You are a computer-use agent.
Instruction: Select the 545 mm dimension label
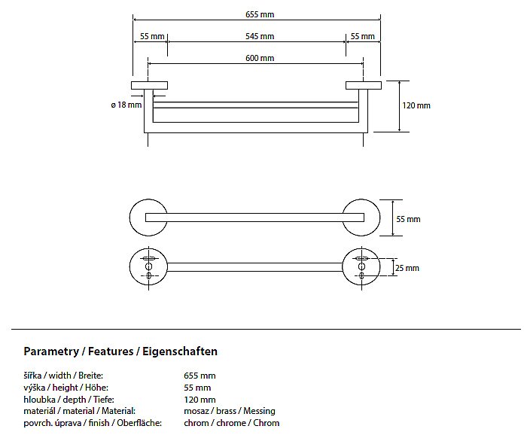tap(260, 36)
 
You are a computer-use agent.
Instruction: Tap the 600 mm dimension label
tap(260, 59)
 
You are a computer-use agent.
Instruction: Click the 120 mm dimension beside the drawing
tap(416, 105)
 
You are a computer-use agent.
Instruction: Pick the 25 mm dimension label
tap(407, 268)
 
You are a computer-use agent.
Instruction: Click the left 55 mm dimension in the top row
tap(153, 36)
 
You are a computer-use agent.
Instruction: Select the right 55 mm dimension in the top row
tap(362, 36)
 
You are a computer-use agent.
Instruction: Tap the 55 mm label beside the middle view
tap(408, 219)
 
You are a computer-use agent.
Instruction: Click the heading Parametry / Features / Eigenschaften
tap(120, 351)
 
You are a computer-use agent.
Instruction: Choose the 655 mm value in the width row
tap(200, 376)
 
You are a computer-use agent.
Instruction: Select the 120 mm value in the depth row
tap(200, 400)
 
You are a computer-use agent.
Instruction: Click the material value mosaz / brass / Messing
tap(230, 411)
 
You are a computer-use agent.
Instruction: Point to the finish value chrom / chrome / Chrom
tap(231, 423)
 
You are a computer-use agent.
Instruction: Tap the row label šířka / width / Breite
tap(63, 376)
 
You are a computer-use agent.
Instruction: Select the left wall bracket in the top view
tap(150, 85)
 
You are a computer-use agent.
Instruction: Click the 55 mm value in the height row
tap(197, 388)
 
